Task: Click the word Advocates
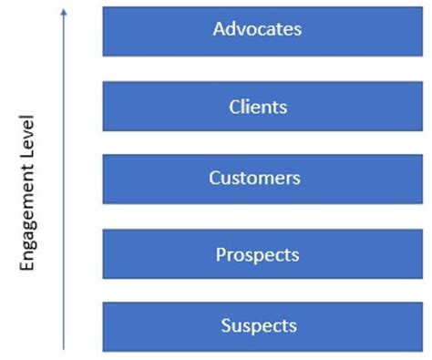(257, 29)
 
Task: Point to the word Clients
(258, 107)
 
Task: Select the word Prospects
(257, 254)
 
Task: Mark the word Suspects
(259, 326)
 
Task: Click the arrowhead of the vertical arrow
(63, 11)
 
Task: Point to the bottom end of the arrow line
(63, 349)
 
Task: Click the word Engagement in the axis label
(27, 209)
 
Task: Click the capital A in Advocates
(219, 29)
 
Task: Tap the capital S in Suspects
(225, 326)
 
